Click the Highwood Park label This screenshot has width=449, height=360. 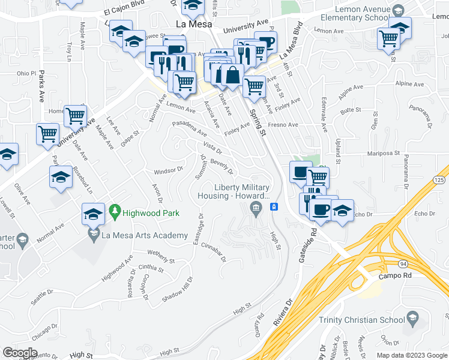[147, 212]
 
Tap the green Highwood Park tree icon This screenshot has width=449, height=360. [115, 212]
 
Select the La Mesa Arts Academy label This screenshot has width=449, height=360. [145, 235]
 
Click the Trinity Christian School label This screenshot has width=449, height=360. [362, 320]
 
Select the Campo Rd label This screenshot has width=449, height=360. [393, 277]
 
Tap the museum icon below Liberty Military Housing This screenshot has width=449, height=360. [256, 208]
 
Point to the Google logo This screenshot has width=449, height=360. [20, 352]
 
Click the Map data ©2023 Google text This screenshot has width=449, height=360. [411, 355]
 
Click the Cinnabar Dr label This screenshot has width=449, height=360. [214, 252]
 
